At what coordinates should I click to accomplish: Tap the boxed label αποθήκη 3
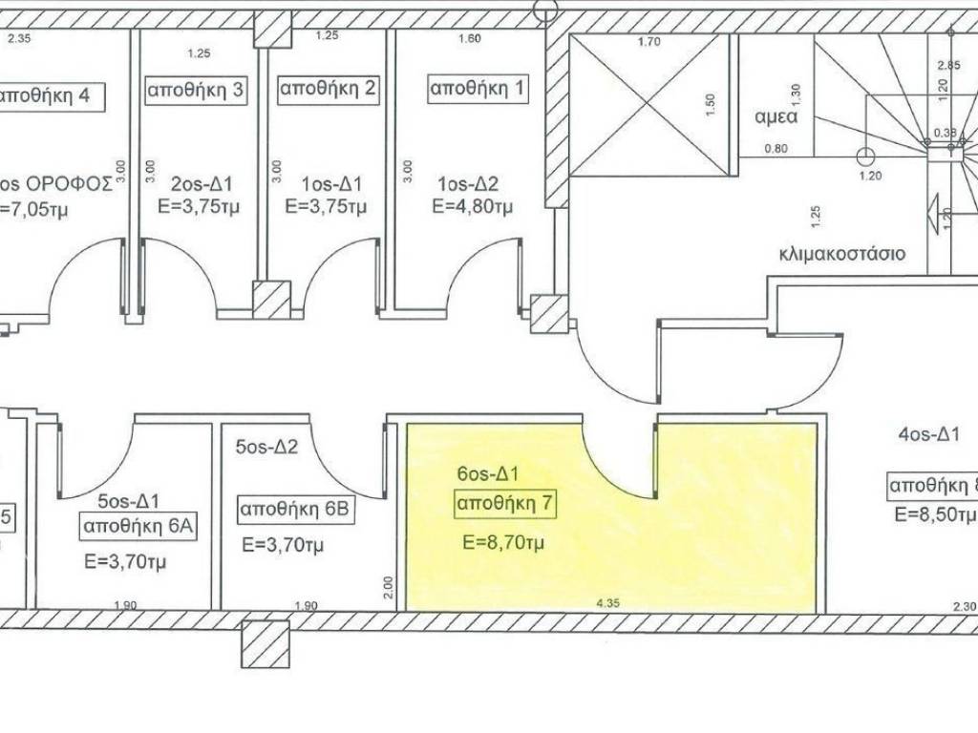click(196, 90)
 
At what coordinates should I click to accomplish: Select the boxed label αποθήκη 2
click(329, 90)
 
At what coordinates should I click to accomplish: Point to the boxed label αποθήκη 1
click(477, 90)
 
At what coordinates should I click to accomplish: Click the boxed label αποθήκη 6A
click(138, 526)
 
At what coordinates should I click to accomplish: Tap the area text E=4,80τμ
click(473, 206)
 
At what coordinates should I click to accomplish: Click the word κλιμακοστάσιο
click(841, 256)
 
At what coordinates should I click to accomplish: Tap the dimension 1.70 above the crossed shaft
click(649, 42)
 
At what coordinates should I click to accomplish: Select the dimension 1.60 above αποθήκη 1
click(470, 39)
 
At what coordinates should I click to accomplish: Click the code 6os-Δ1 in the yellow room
click(488, 473)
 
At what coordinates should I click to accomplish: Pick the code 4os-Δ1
click(929, 435)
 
